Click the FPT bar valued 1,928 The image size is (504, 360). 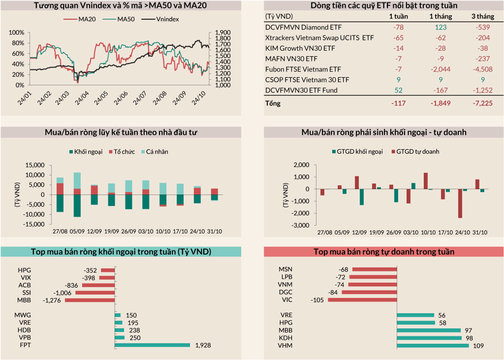click(x=152, y=345)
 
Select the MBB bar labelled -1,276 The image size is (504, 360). click(x=90, y=300)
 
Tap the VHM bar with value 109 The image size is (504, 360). click(x=433, y=346)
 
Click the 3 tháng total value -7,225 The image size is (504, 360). click(x=480, y=104)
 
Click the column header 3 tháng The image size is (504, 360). click(x=480, y=16)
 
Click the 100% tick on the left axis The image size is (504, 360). click(x=17, y=33)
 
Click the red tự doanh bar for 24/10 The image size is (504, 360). click(x=460, y=203)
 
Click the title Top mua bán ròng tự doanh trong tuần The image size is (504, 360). click(x=384, y=252)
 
